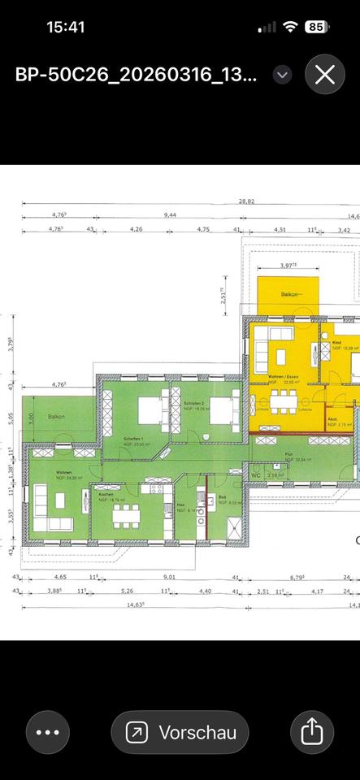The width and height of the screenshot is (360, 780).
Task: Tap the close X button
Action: click(x=325, y=75)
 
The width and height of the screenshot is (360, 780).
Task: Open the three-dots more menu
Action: click(x=48, y=732)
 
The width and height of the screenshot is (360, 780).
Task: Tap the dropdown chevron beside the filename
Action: click(x=282, y=75)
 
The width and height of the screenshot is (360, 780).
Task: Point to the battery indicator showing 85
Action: click(x=317, y=27)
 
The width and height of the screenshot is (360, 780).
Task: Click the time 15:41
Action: click(x=66, y=27)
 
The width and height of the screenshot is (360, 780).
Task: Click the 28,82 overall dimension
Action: click(x=246, y=201)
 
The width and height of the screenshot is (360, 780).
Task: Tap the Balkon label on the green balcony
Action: click(x=56, y=417)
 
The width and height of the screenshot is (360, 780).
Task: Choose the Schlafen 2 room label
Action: click(x=193, y=404)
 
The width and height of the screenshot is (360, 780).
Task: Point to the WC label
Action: click(x=255, y=474)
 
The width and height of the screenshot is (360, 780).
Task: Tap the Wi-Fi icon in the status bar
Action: click(x=290, y=27)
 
